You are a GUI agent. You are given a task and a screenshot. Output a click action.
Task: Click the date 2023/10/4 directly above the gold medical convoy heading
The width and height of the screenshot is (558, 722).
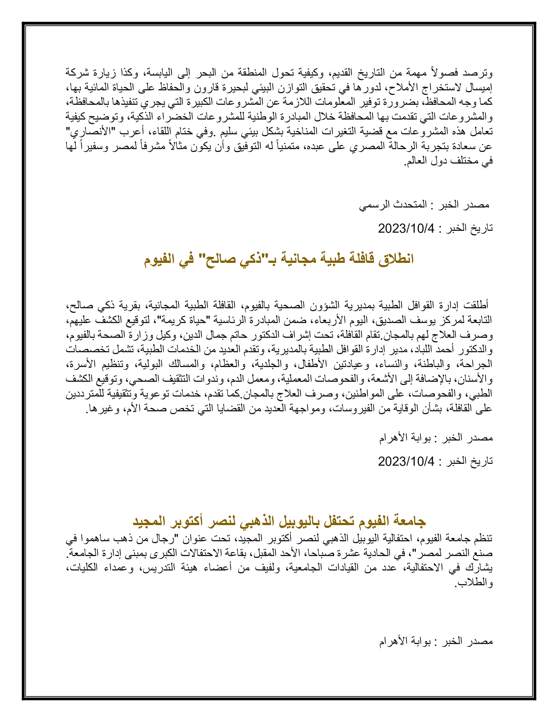point(406,228)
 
